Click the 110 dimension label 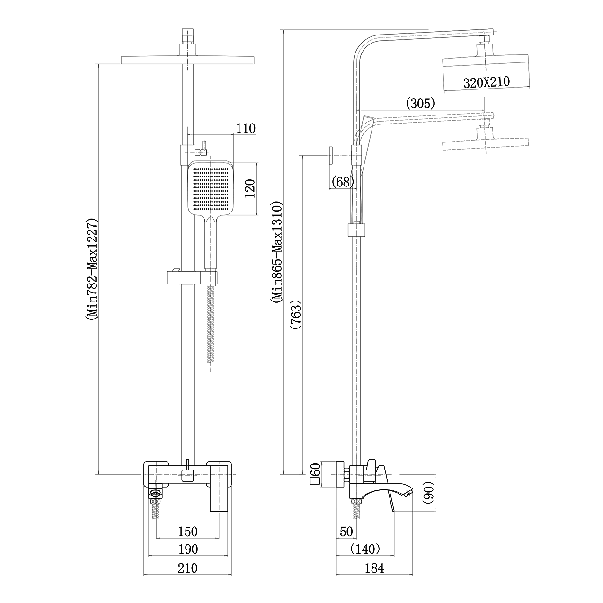pyautogui.click(x=246, y=129)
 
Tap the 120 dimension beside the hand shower pyautogui.click(x=250, y=188)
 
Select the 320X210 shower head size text pyautogui.click(x=487, y=82)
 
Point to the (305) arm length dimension pyautogui.click(x=420, y=103)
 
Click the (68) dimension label pyautogui.click(x=343, y=182)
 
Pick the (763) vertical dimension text pyautogui.click(x=296, y=314)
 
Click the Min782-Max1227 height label pyautogui.click(x=92, y=269)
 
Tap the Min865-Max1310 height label pyautogui.click(x=277, y=252)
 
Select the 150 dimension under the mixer pyautogui.click(x=188, y=532)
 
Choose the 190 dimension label pyautogui.click(x=188, y=549)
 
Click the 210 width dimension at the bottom pyautogui.click(x=188, y=568)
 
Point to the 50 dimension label pyautogui.click(x=346, y=532)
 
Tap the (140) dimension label pyautogui.click(x=365, y=549)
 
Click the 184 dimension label pyautogui.click(x=374, y=568)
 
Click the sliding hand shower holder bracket pyautogui.click(x=192, y=277)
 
